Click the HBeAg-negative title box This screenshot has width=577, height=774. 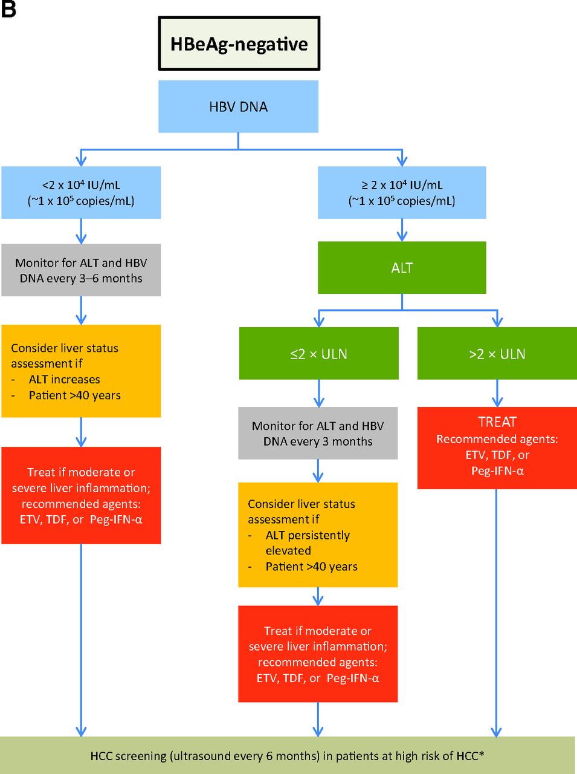click(x=239, y=44)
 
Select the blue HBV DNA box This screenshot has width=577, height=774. click(x=238, y=107)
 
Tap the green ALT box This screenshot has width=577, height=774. click(x=402, y=268)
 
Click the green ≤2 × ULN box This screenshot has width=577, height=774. click(x=318, y=354)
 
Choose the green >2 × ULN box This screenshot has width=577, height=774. click(x=497, y=354)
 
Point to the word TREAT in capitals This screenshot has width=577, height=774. click(x=497, y=422)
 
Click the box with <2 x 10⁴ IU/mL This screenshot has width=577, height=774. click(x=81, y=193)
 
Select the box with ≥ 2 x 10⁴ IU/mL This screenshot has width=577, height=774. click(x=402, y=193)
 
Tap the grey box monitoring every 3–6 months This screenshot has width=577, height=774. click(x=81, y=270)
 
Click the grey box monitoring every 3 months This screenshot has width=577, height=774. click(x=318, y=434)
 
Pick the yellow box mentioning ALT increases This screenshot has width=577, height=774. click(x=81, y=371)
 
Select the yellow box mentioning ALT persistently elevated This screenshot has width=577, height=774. click(x=318, y=535)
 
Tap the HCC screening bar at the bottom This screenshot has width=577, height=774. click(x=287, y=755)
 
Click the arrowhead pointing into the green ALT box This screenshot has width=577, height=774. click(x=402, y=236)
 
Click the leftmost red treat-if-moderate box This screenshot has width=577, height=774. click(x=81, y=496)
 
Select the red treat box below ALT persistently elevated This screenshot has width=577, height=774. click(x=318, y=654)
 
